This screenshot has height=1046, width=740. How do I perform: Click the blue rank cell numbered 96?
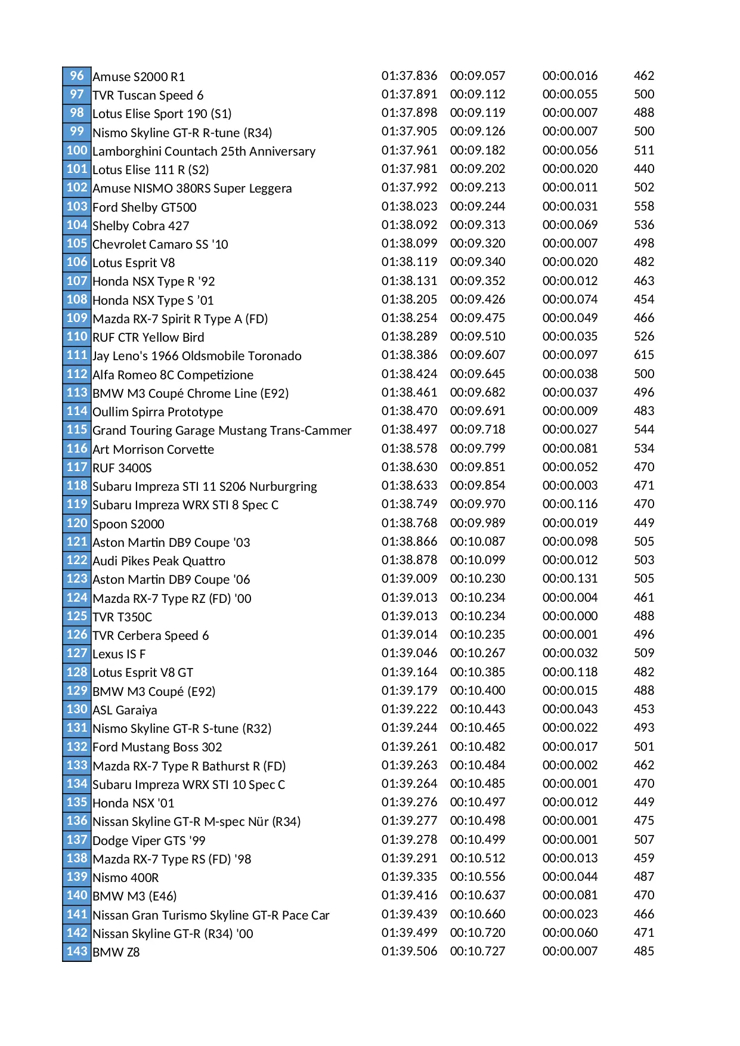(77, 76)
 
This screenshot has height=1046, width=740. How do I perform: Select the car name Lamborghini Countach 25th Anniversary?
(204, 151)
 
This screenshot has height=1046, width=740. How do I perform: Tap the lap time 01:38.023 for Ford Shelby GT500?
(409, 206)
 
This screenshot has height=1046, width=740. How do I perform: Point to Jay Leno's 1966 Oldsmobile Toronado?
(197, 356)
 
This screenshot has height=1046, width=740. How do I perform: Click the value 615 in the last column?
(644, 355)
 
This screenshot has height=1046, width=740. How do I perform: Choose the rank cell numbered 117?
(77, 467)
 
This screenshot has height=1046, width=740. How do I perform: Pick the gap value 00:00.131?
(570, 578)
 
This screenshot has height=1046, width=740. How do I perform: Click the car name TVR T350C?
(122, 617)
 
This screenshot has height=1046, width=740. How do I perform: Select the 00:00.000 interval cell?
(570, 616)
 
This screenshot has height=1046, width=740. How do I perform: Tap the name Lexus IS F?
(119, 654)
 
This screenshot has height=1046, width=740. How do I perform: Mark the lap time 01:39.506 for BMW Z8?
(409, 951)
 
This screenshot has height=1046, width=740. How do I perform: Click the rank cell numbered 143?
(77, 951)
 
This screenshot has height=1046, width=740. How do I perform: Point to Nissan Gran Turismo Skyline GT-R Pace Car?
(211, 915)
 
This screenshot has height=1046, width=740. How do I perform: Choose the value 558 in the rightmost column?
(644, 206)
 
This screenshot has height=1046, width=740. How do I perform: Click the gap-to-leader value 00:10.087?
(478, 541)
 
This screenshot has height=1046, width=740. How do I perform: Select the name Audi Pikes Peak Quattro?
(159, 561)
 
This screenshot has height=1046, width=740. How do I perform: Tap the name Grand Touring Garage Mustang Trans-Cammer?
(222, 431)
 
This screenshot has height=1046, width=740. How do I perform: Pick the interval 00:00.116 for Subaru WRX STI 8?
(570, 504)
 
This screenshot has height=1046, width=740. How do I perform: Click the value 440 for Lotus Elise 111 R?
(644, 169)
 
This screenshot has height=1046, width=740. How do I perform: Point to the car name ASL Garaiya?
(125, 710)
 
